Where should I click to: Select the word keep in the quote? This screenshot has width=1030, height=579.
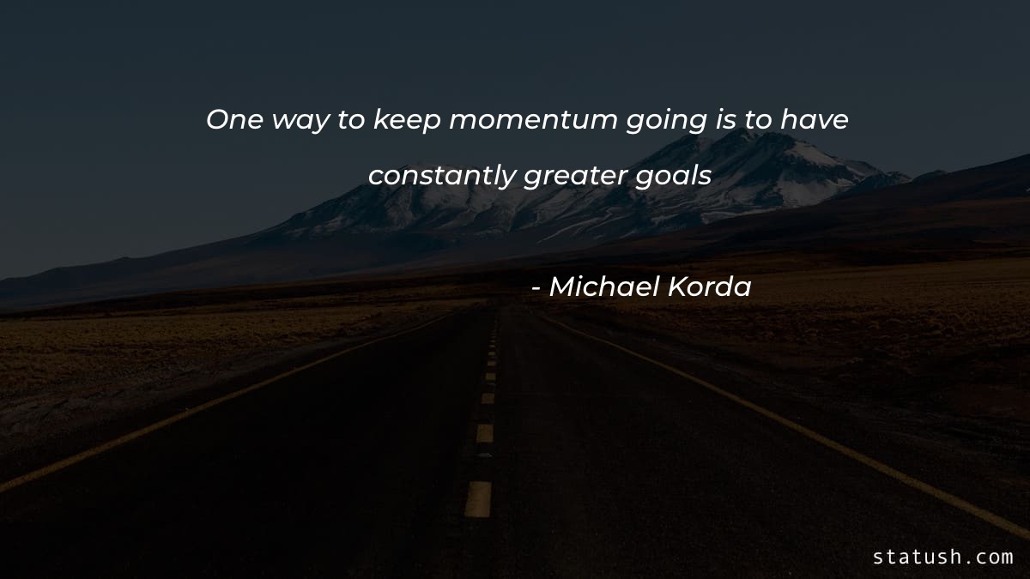(407, 122)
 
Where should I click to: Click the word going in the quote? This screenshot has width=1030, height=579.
(665, 123)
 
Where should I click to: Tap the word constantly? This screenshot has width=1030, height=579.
(442, 176)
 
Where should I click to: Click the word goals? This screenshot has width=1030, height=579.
(676, 176)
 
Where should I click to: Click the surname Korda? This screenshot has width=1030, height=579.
(712, 287)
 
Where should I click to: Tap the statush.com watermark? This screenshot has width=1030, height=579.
(942, 557)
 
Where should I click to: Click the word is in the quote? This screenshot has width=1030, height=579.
(724, 120)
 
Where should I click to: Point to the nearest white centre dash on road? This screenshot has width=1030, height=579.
(478, 498)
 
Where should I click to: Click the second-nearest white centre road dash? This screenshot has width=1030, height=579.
(485, 433)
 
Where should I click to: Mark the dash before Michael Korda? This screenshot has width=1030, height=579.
(536, 289)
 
